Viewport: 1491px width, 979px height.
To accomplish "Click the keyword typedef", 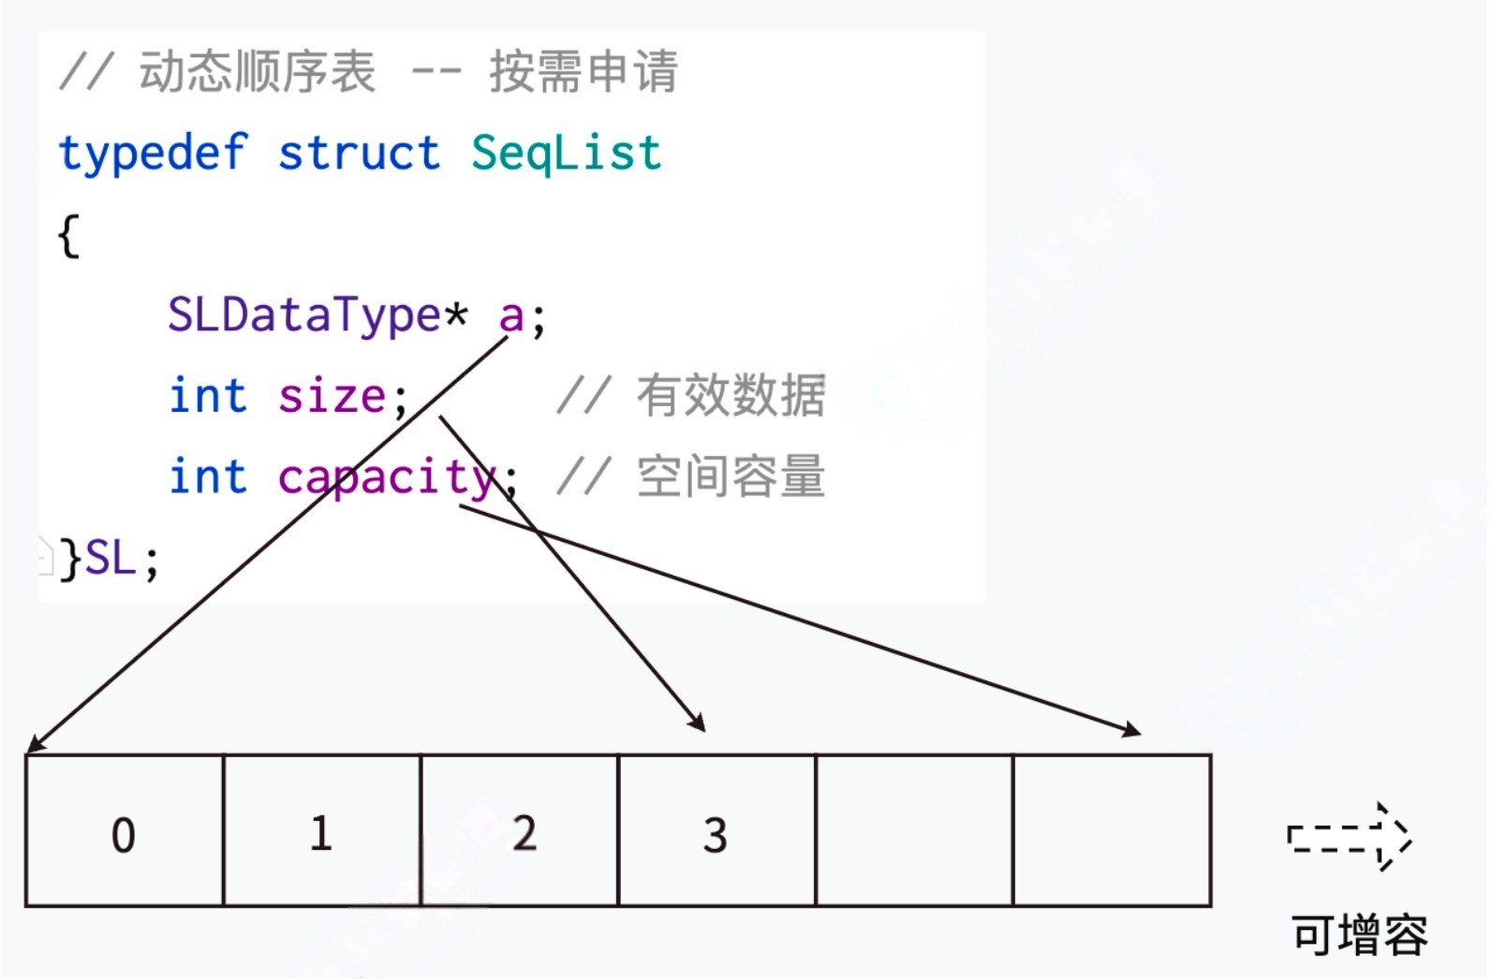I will (153, 153).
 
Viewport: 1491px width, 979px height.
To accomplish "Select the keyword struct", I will (359, 153).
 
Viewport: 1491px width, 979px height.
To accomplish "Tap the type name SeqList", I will (567, 153).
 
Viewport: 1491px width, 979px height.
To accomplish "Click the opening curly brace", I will (68, 235).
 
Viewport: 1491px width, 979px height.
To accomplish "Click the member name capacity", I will (387, 477).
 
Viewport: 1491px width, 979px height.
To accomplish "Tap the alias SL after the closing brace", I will (111, 560).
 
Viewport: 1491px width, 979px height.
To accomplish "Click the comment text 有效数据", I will (731, 396).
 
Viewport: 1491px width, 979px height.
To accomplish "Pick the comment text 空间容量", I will (731, 477).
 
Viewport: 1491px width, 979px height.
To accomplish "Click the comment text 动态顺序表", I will (258, 72).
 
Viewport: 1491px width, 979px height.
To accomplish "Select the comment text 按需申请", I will (583, 72).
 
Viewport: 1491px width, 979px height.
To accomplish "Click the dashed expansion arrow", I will (1350, 836).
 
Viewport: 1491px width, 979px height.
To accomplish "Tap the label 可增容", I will (1360, 935).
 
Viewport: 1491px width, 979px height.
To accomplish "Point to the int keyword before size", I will (208, 396).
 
